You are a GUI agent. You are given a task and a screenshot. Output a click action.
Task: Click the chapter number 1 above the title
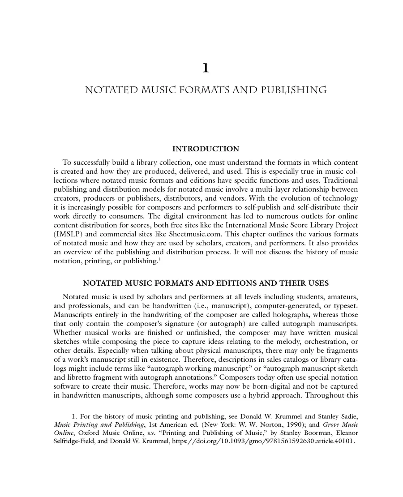[206, 68]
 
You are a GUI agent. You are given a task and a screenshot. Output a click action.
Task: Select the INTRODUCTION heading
[206, 149]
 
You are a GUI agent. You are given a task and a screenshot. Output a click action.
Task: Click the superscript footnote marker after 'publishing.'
[159, 259]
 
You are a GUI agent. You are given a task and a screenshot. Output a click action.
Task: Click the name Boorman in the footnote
[284, 433]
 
